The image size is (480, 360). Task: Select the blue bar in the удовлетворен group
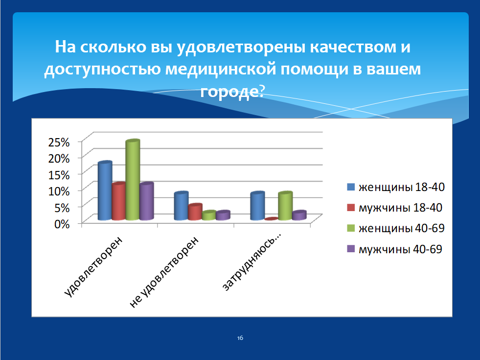point(105,191)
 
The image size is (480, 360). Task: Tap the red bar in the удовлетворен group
point(119,201)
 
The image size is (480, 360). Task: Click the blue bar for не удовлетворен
point(181,206)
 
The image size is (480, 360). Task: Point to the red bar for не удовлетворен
point(195,212)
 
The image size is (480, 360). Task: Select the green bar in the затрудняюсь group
point(285,206)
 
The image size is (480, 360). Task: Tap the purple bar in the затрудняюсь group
point(299,215)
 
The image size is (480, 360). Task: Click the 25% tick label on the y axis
point(59,142)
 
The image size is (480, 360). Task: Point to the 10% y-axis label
point(59,191)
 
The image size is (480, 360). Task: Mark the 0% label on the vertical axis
point(62,224)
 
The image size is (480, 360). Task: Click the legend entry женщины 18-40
point(396,187)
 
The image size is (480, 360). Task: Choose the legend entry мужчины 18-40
point(394,208)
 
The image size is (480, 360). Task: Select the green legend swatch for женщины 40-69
point(351,228)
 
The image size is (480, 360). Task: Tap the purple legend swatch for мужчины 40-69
point(351,249)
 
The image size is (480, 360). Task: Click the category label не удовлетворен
point(164,272)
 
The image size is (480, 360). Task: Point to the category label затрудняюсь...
point(251,262)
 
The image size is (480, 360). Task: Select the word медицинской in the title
point(221,69)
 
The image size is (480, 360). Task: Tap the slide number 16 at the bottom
point(240,338)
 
